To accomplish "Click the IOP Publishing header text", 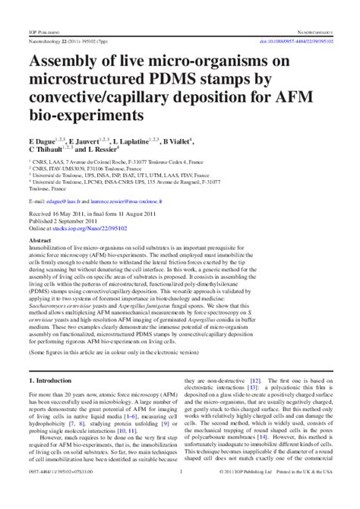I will (x=46, y=33).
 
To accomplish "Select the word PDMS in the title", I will (x=176, y=81).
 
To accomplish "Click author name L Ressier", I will (x=101, y=151).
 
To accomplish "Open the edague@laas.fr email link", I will (x=68, y=201).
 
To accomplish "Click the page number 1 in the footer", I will (x=180, y=492).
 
